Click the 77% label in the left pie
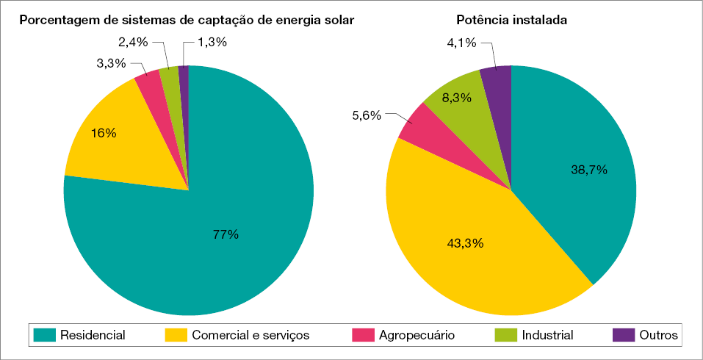pyautogui.click(x=226, y=234)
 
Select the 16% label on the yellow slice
pyautogui.click(x=104, y=134)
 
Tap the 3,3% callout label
pyautogui.click(x=110, y=64)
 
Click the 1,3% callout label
pyautogui.click(x=212, y=43)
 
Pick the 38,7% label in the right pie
pyautogui.click(x=589, y=170)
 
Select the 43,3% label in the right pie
pyautogui.click(x=465, y=242)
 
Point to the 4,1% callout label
pyautogui.click(x=462, y=43)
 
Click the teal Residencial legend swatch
pyautogui.click(x=44, y=335)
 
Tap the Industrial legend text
pyautogui.click(x=547, y=335)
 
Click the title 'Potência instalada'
pyautogui.click(x=511, y=20)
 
